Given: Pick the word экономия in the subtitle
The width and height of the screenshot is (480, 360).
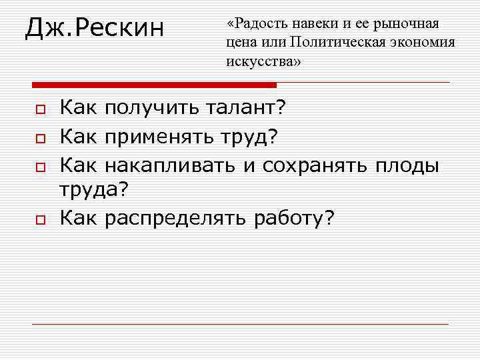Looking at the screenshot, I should pyautogui.click(x=426, y=43).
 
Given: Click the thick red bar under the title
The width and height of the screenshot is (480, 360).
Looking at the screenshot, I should pyautogui.click(x=154, y=85).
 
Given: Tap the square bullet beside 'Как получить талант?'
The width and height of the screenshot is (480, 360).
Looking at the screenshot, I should pyautogui.click(x=40, y=108).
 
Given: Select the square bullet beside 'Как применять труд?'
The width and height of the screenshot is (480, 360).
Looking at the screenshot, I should pyautogui.click(x=40, y=139).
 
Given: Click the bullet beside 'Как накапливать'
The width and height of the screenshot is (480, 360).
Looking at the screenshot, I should pyautogui.click(x=40, y=167).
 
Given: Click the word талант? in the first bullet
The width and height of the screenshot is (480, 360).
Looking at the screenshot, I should pyautogui.click(x=246, y=107).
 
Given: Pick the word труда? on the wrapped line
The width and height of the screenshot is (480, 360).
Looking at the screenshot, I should pyautogui.click(x=93, y=191).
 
